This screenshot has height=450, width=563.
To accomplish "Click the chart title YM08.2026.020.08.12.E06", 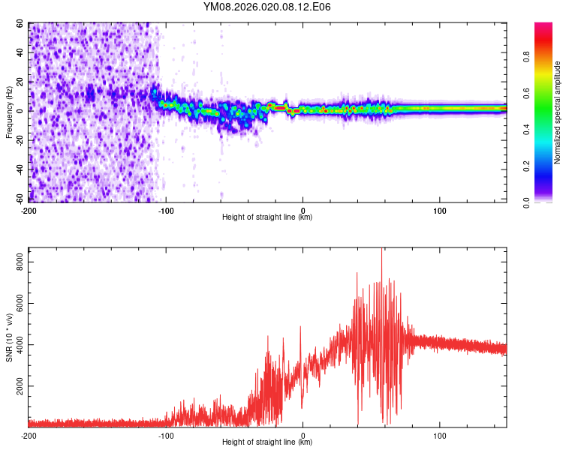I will tap(267, 7).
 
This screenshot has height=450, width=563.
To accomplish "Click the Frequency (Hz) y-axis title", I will tap(10, 112).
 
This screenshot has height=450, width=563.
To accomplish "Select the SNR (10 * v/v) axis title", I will tap(10, 337).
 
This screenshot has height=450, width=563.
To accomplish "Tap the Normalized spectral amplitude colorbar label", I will tap(558, 112).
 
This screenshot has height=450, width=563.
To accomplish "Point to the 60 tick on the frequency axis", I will tap(20, 24).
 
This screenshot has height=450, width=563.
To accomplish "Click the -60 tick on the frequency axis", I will tap(19, 199).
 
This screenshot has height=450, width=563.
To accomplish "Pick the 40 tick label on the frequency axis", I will tap(20, 53).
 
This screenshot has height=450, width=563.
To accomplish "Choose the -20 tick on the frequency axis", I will tap(19, 140).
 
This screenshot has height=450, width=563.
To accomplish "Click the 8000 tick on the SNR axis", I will tap(17, 261).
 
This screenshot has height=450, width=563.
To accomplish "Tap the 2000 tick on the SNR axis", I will tap(17, 386).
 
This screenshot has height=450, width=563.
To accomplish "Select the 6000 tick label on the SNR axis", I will tap(17, 303).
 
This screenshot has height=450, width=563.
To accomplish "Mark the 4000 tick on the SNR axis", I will tap(17, 345).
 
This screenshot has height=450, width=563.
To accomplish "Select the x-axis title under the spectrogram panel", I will tap(267, 217).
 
